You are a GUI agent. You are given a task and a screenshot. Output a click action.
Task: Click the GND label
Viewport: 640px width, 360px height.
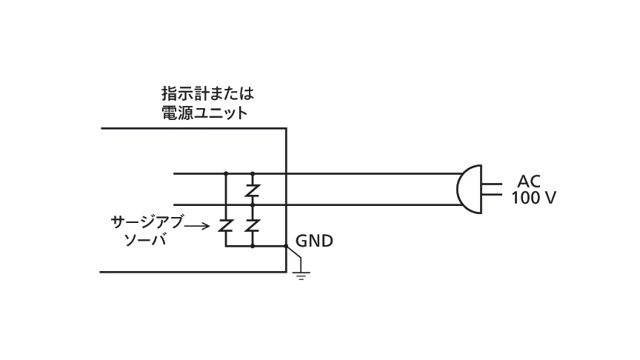click(314, 241)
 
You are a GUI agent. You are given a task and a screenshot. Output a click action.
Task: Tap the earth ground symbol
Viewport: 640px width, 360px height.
click(301, 275)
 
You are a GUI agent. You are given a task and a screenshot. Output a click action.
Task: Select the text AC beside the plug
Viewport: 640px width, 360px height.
click(529, 181)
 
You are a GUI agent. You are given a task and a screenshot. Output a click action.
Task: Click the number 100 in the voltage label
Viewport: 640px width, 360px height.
click(524, 198)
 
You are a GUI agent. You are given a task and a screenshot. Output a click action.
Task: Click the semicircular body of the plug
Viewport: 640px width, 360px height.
click(470, 190)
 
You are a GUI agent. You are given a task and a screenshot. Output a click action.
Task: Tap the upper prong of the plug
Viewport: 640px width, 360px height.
click(492, 184)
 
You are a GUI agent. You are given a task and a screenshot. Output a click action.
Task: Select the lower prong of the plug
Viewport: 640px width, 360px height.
click(492, 194)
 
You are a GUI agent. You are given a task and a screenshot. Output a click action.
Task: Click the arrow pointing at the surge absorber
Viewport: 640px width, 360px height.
click(197, 226)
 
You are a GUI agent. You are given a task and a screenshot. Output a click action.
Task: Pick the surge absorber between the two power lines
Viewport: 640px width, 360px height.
click(253, 190)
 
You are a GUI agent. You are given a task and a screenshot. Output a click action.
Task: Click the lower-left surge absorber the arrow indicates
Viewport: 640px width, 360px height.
click(225, 226)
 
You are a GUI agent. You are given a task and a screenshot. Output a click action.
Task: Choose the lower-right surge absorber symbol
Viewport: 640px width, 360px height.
click(253, 226)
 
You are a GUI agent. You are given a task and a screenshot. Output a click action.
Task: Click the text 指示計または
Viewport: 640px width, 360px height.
click(207, 94)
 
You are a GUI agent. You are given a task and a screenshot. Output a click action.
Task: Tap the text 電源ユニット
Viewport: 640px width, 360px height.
click(205, 113)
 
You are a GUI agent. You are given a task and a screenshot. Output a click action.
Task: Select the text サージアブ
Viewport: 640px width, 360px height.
click(147, 222)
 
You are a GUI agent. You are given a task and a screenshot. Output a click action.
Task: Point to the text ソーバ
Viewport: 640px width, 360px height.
click(146, 240)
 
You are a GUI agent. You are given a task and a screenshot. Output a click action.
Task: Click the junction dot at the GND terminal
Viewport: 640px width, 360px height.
click(286, 246)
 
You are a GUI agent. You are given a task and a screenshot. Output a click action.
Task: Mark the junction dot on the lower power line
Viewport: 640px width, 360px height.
click(253, 205)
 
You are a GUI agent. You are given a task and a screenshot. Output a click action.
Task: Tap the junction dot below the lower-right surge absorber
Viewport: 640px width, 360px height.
click(253, 246)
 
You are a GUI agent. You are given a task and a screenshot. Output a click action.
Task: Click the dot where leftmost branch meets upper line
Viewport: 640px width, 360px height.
click(226, 173)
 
